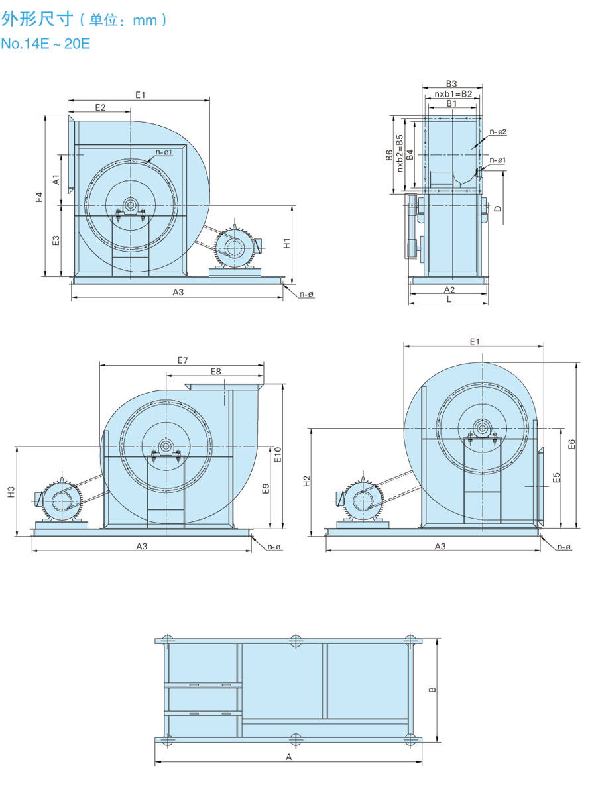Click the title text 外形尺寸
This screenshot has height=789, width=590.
click(x=36, y=19)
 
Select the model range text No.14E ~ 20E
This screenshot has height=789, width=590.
click(x=45, y=44)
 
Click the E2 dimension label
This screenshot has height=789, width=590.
click(x=100, y=107)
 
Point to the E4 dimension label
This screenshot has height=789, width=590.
click(x=39, y=197)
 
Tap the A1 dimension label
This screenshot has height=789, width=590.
click(x=56, y=180)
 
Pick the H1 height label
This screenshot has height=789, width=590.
click(x=286, y=243)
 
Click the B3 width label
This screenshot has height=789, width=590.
click(x=451, y=83)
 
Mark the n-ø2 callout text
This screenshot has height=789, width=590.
click(x=498, y=132)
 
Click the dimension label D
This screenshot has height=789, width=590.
click(x=498, y=208)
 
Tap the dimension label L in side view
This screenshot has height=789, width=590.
click(x=449, y=299)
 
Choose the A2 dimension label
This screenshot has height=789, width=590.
click(x=449, y=289)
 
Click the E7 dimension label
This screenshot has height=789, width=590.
click(x=183, y=360)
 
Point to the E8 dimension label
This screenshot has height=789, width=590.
click(x=215, y=371)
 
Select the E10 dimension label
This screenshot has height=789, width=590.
click(x=278, y=454)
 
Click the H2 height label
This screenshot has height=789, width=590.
click(x=306, y=482)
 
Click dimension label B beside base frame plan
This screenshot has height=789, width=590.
click(x=432, y=690)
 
